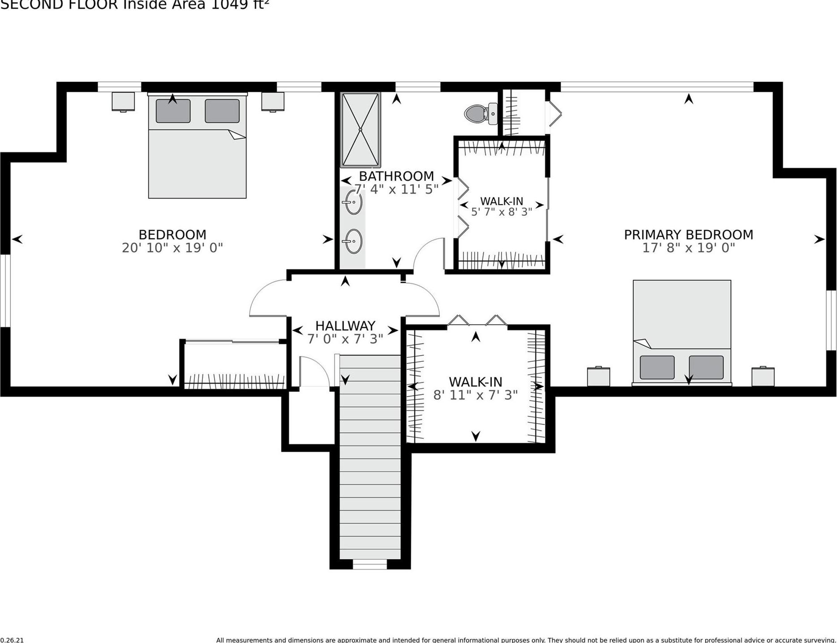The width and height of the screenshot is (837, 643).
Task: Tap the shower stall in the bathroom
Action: click(x=361, y=130)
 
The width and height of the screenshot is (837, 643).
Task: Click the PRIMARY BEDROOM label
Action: click(x=688, y=235)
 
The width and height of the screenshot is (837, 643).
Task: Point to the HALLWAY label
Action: click(x=345, y=326)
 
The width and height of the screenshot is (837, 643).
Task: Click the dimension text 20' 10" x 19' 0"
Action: click(x=172, y=248)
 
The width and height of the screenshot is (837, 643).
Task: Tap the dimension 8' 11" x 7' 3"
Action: click(x=475, y=395)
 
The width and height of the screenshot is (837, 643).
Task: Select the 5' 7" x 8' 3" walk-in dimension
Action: click(x=501, y=211)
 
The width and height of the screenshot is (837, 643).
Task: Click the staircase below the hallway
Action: click(x=370, y=457)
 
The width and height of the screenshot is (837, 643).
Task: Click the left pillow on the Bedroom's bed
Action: click(x=173, y=111)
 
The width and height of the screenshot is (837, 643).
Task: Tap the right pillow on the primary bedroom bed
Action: click(x=706, y=367)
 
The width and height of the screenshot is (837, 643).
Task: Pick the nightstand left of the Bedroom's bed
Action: click(x=123, y=102)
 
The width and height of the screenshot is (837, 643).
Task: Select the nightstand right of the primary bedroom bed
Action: click(x=763, y=376)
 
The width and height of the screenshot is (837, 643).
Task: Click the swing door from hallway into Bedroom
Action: click(x=268, y=298)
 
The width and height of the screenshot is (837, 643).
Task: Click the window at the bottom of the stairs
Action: click(x=369, y=564)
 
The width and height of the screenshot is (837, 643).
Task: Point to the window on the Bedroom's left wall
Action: click(x=5, y=291)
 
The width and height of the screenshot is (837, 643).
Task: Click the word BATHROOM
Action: click(x=396, y=176)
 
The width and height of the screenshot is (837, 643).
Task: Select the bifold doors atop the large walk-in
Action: click(x=477, y=321)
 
